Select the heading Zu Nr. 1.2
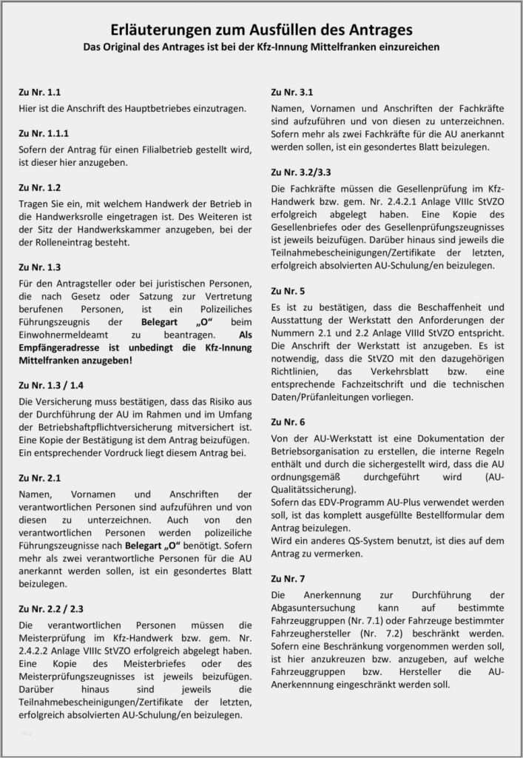(40, 188)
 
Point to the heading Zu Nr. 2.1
(40, 478)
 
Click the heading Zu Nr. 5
(288, 292)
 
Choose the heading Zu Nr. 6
(288, 422)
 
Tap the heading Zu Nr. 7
(288, 578)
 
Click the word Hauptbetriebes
(152, 108)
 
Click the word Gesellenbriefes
(316, 227)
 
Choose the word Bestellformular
(444, 515)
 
